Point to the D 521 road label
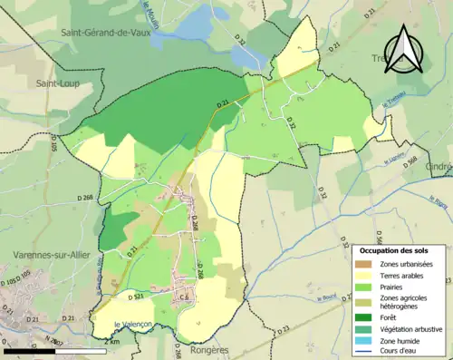136,297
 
